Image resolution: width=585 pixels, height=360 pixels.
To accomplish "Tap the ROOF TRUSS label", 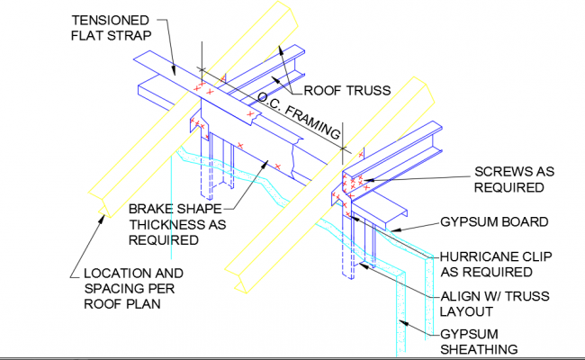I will pyautogui.click(x=346, y=89).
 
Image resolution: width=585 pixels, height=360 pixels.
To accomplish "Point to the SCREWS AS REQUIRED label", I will pyautogui.click(x=509, y=179).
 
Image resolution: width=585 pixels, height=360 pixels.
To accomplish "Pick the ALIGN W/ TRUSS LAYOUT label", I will pyautogui.click(x=492, y=303).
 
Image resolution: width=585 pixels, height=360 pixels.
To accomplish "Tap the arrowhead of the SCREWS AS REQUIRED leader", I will pyautogui.click(x=364, y=180).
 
